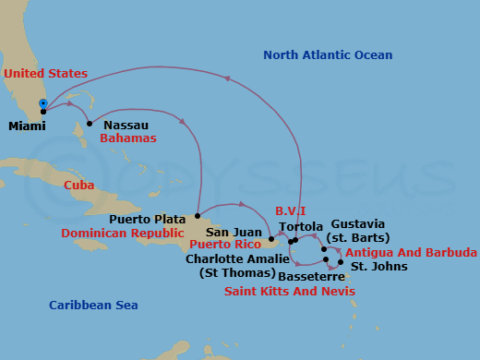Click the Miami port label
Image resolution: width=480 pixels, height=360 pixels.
click(x=26, y=126)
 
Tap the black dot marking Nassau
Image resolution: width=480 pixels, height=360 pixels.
click(x=90, y=124)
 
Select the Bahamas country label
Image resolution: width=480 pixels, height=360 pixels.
click(x=127, y=138)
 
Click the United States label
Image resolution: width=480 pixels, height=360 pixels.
click(x=45, y=74)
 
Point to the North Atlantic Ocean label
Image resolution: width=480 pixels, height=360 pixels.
click(x=328, y=55)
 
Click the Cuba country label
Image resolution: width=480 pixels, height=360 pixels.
click(x=79, y=185)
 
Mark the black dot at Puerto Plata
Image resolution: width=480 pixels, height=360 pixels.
click(x=198, y=215)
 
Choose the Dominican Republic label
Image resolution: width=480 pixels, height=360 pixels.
click(x=123, y=234)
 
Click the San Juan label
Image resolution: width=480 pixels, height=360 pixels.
click(x=228, y=233)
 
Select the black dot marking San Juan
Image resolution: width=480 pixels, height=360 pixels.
click(x=271, y=239)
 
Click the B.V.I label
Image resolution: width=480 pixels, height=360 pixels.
click(x=291, y=211)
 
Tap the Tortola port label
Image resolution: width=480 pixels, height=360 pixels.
click(x=301, y=227)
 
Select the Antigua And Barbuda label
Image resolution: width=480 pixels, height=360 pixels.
click(x=411, y=253)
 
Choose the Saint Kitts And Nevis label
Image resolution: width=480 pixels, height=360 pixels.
click(x=290, y=292)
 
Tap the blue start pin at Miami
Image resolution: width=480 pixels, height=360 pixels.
click(x=42, y=103)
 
